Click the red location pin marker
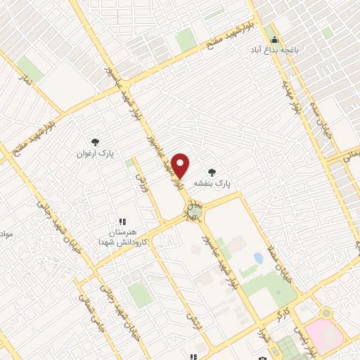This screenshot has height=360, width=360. click(181, 165)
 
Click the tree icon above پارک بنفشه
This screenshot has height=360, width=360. click(212, 171)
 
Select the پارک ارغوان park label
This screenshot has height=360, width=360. click(96, 152)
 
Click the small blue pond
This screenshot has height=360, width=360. click(258, 258)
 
